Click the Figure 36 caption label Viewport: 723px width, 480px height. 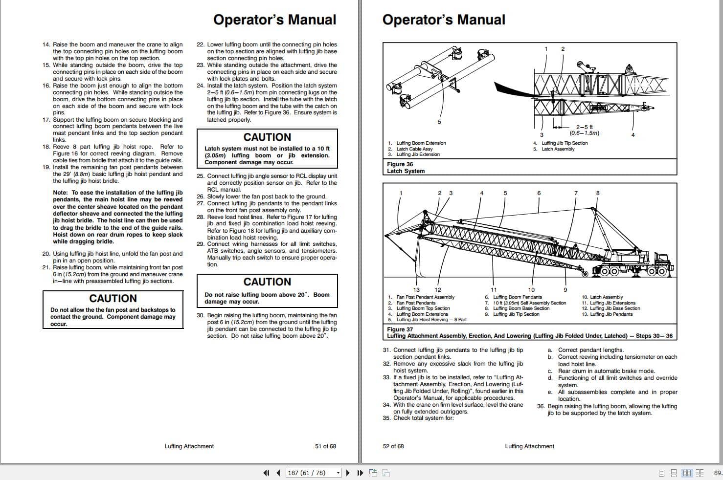click(x=400, y=164)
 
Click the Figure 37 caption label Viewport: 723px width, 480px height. click(x=400, y=329)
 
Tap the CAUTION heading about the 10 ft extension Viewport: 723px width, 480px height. click(x=267, y=137)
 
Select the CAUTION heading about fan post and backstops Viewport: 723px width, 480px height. click(x=113, y=299)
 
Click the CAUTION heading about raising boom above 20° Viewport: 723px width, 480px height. click(x=267, y=282)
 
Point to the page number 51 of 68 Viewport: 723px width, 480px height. click(x=325, y=446)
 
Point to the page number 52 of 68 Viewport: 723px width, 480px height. click(x=393, y=446)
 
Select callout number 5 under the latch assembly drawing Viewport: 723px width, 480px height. click(x=439, y=122)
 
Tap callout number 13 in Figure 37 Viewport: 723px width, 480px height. click(x=416, y=290)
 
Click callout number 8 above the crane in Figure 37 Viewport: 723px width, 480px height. click(x=597, y=193)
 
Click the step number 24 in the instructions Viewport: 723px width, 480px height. click(x=200, y=86)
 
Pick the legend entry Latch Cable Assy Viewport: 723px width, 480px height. click(x=414, y=149)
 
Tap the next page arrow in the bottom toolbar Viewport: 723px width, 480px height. click(x=348, y=473)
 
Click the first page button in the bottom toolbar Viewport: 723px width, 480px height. click(x=266, y=473)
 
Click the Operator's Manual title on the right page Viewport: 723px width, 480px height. click(x=443, y=20)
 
